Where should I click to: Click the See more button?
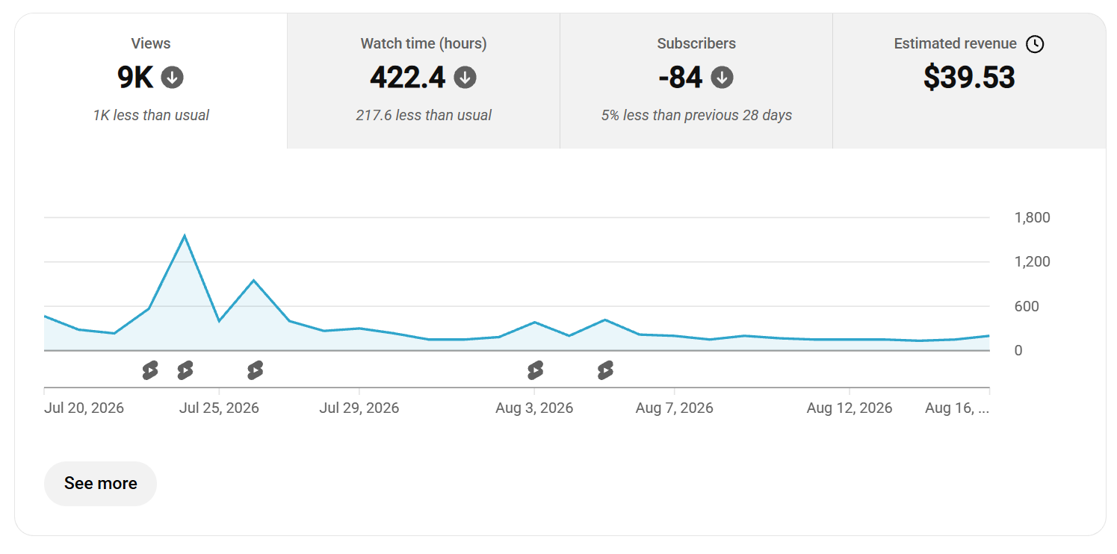[x=100, y=483]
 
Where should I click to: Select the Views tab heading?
[x=151, y=43]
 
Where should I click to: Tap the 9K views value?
[x=135, y=77]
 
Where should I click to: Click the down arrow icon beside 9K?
[x=172, y=77]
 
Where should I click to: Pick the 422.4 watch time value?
[x=407, y=77]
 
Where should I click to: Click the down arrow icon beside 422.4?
[x=465, y=77]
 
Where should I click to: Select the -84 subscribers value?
[x=680, y=77]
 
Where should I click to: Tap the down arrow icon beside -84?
[x=722, y=77]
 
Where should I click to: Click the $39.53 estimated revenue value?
[x=969, y=77]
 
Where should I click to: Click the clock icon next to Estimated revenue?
[x=1035, y=44]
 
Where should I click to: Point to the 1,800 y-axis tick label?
[x=1032, y=217]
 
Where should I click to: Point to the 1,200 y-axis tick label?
[x=1032, y=261]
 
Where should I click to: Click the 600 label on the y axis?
[x=1027, y=306]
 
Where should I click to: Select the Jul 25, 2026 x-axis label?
[x=219, y=408]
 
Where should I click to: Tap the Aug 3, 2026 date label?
[x=534, y=408]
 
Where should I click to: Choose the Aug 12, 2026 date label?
[x=850, y=408]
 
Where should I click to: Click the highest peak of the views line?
[x=185, y=235]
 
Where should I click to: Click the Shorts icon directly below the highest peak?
[x=185, y=370]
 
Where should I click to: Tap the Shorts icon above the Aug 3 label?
[x=535, y=370]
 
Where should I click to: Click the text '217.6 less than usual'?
[x=424, y=115]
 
